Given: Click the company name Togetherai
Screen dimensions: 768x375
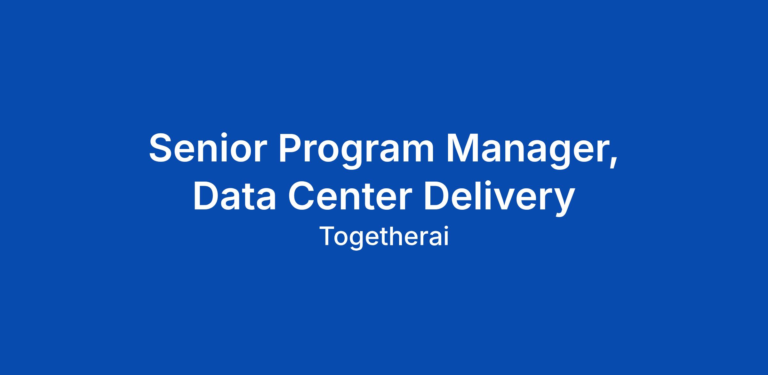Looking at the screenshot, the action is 384,237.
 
